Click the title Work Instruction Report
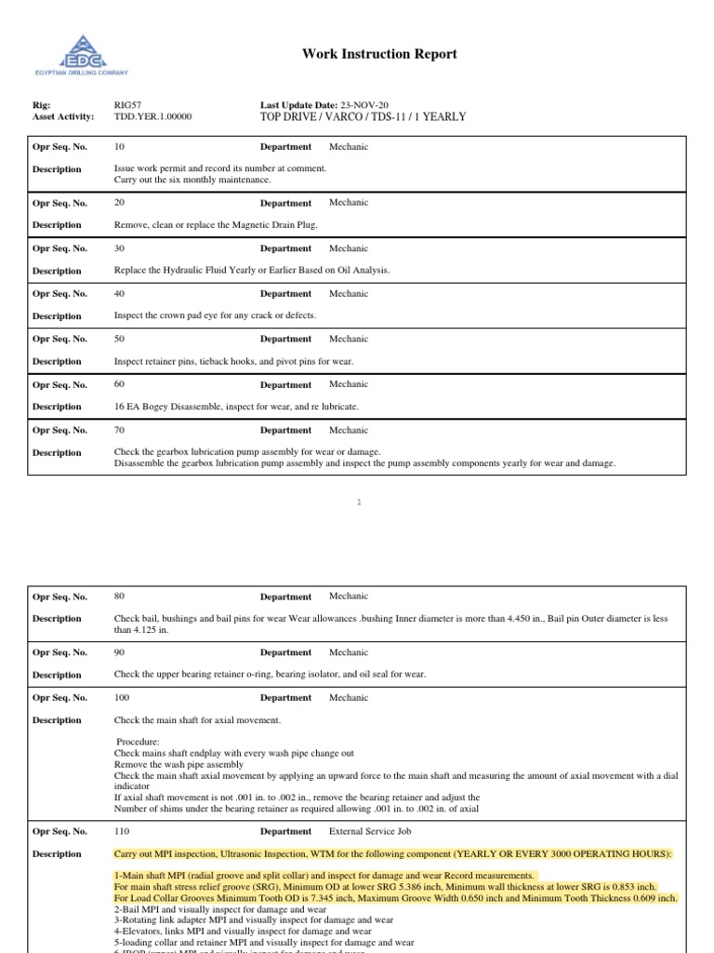[379, 54]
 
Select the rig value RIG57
[126, 105]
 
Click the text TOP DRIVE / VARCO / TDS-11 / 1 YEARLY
[363, 117]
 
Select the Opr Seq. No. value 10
[118, 146]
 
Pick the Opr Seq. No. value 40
[118, 293]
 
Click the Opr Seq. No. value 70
[118, 430]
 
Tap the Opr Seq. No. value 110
[121, 831]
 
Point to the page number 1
[358, 503]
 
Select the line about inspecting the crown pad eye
[215, 315]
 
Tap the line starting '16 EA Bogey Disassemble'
[236, 407]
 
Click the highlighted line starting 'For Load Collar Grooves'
[395, 899]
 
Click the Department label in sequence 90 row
[285, 652]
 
